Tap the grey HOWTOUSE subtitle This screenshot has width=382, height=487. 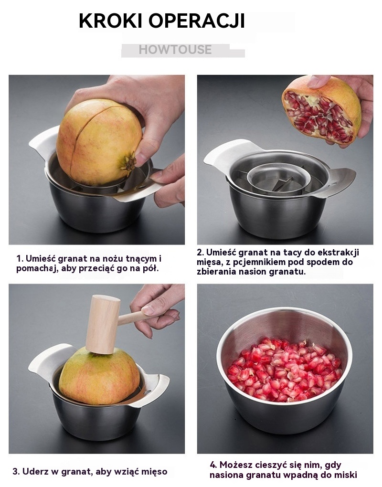(175, 50)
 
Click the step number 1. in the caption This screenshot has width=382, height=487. (20, 259)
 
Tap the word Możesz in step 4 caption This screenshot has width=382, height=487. (236, 465)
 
